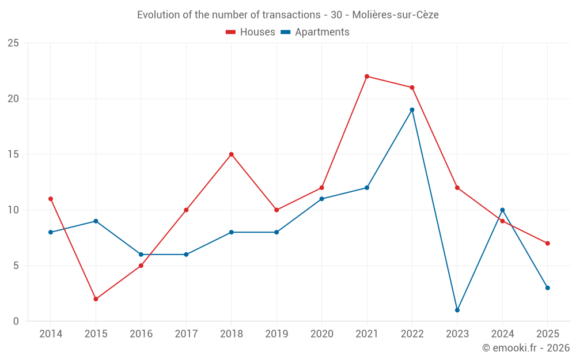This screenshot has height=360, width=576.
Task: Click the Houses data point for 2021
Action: point(367,76)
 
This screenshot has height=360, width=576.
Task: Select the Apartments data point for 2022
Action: point(412,109)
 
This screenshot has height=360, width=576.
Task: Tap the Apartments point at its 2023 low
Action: point(457,310)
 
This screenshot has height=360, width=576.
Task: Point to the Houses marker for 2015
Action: point(96,299)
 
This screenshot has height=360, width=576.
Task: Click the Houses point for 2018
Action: point(232,154)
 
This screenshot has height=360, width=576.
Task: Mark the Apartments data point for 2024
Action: point(502,210)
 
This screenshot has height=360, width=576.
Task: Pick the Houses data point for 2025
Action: point(547,243)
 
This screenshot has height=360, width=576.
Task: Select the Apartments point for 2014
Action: point(51,232)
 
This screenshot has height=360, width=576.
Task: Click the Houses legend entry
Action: point(251,32)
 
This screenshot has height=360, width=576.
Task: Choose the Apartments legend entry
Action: point(315,32)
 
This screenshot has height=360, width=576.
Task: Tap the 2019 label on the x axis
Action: point(276,334)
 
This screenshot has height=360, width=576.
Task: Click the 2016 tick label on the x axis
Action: point(141,334)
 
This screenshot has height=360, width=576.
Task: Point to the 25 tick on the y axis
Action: point(13,43)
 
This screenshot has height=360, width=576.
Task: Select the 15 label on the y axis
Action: point(13,154)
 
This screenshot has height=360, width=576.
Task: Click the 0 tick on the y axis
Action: point(16,321)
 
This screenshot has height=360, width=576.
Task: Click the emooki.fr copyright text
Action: point(526,348)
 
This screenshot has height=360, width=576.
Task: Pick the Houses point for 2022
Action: point(412,88)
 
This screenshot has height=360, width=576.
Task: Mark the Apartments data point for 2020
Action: point(322,199)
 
